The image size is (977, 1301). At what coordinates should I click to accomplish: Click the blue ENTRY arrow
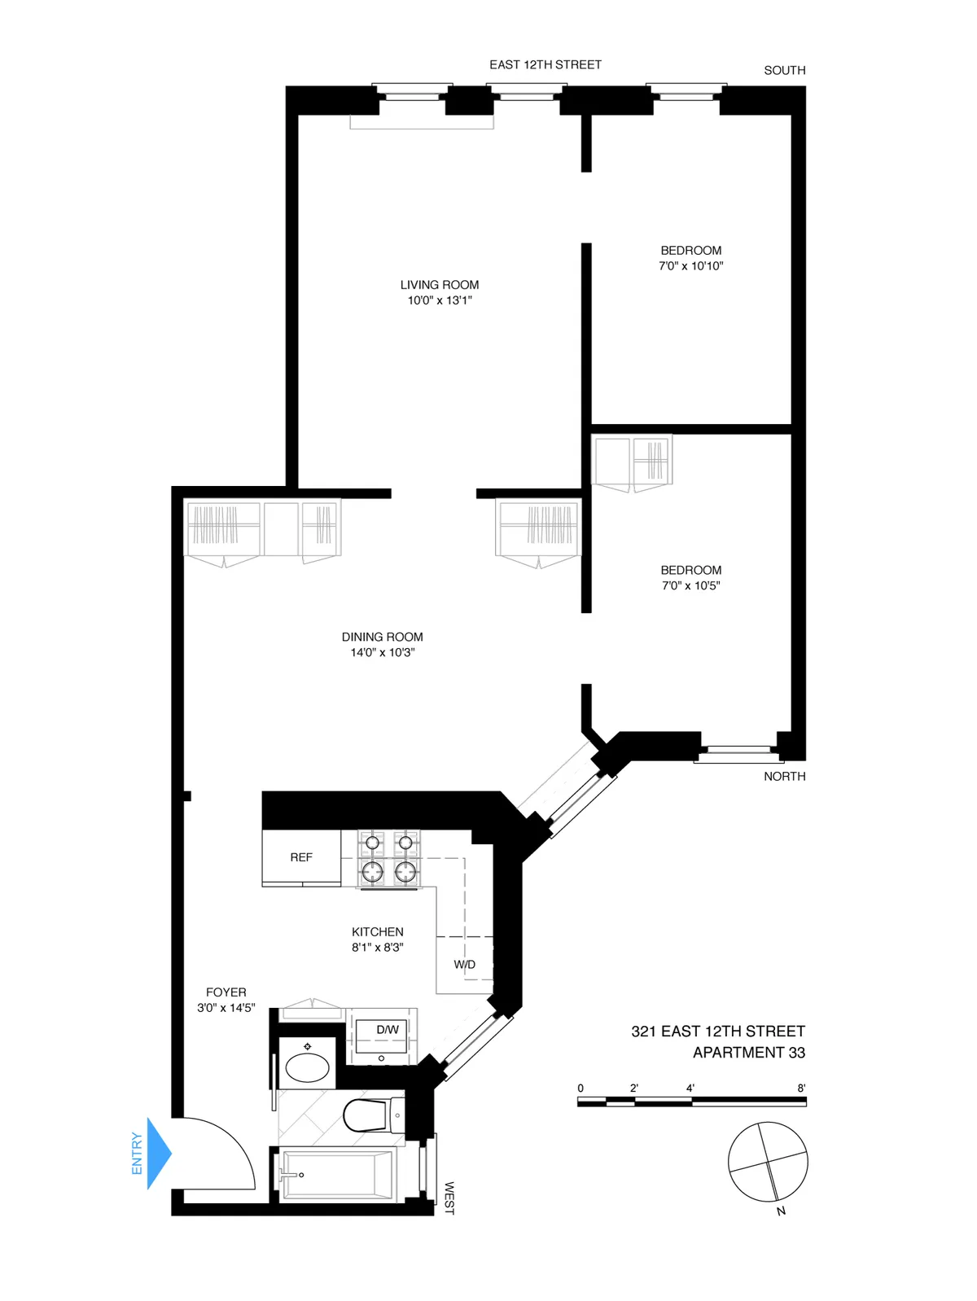[159, 1153]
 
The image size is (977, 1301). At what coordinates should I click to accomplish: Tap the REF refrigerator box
[301, 857]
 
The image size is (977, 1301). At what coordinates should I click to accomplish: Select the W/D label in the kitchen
[465, 965]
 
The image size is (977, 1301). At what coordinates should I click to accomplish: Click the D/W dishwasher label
[388, 1030]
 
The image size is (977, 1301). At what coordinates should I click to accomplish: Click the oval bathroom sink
[308, 1067]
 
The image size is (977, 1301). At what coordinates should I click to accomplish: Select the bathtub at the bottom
[338, 1175]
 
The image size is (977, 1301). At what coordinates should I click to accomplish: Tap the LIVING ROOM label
[440, 285]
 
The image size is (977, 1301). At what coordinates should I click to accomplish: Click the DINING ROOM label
[383, 637]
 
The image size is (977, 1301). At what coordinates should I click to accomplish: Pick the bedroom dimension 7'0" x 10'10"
[691, 266]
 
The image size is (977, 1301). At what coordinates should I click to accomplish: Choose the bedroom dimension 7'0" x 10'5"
[691, 586]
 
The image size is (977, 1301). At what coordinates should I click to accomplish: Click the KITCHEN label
[378, 932]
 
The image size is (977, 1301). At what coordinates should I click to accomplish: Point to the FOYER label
[226, 992]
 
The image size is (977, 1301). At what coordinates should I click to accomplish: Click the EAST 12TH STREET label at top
[545, 65]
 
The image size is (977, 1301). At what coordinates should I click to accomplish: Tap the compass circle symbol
[768, 1162]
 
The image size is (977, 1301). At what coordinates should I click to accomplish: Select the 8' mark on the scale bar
[801, 1089]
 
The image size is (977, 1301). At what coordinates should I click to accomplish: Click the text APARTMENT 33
[749, 1053]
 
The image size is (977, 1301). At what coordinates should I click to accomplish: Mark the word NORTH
[785, 777]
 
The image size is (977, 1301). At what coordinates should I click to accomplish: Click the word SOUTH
[785, 71]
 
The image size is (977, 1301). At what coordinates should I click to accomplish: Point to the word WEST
[449, 1198]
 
